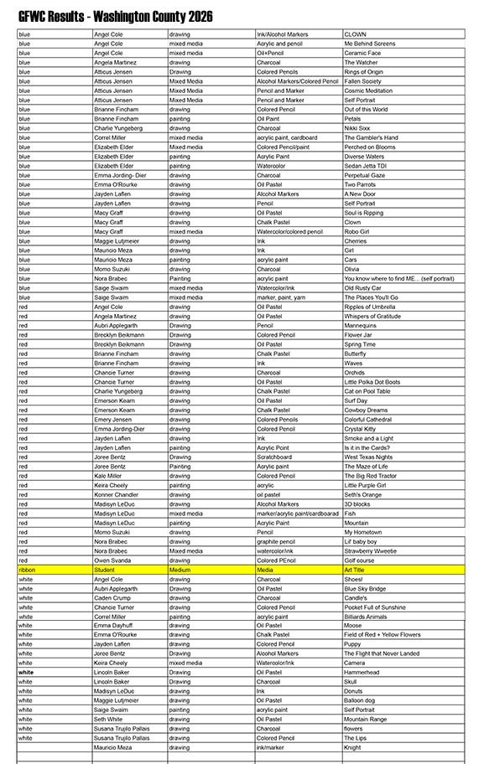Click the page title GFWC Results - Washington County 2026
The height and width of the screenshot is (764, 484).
tap(115, 17)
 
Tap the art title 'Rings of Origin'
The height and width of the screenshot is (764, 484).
tap(363, 72)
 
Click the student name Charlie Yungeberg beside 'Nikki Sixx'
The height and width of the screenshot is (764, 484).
tap(118, 128)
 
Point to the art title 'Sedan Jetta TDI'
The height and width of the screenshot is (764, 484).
tap(365, 166)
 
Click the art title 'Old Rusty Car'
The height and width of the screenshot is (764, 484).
tap(362, 288)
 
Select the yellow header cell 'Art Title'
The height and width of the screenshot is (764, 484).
tap(355, 570)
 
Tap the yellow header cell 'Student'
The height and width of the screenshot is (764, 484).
tap(105, 570)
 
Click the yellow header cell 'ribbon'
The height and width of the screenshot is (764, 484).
tap(27, 570)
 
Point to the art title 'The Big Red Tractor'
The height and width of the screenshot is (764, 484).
tap(371, 476)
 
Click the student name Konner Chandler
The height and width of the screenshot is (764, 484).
tap(116, 494)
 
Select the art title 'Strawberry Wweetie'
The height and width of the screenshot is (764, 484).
tap(371, 550)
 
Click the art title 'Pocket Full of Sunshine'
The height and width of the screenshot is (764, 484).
tap(374, 607)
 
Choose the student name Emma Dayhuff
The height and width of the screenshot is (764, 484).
tap(113, 626)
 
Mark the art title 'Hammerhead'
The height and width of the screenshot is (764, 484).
tap(361, 673)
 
